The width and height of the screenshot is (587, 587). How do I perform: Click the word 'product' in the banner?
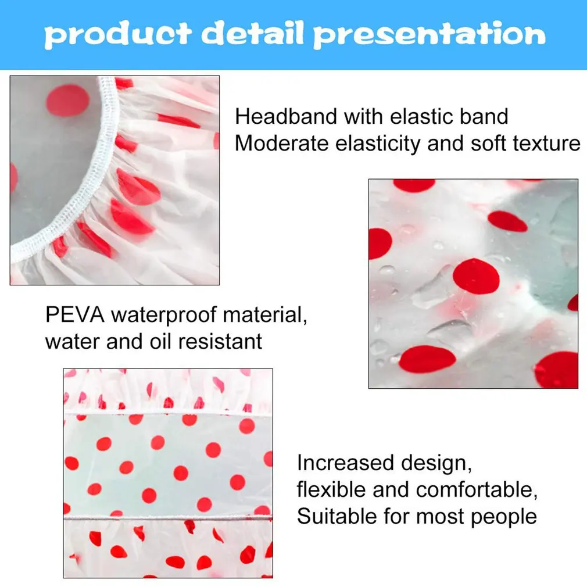pyautogui.click(x=118, y=34)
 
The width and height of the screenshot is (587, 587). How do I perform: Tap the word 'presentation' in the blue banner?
pyautogui.click(x=429, y=34)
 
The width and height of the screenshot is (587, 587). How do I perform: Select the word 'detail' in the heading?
pyautogui.click(x=252, y=33)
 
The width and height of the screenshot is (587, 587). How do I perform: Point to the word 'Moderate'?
pyautogui.click(x=281, y=144)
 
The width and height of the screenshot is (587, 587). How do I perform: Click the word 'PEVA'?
pyautogui.click(x=75, y=314)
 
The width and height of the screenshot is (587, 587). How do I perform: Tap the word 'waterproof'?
pyautogui.click(x=164, y=315)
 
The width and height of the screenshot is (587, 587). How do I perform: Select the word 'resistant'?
pyautogui.click(x=220, y=341)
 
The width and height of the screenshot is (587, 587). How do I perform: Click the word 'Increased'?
pyautogui.click(x=345, y=463)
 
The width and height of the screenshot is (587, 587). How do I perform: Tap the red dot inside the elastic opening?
pyautogui.click(x=68, y=101)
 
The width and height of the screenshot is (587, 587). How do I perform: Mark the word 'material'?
pyautogui.click(x=265, y=315)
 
